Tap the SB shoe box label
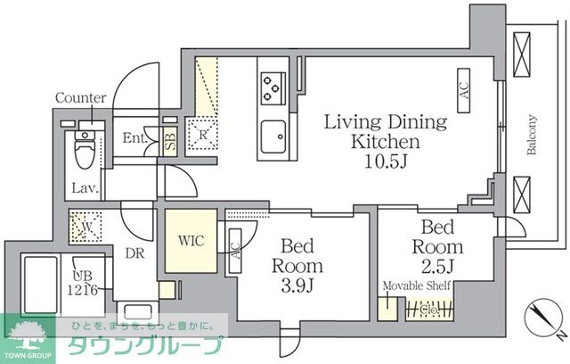point(170,140)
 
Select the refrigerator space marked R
point(203,136)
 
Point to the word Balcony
point(531,135)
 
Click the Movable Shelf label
point(416,285)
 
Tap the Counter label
point(80,98)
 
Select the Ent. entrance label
point(134,138)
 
